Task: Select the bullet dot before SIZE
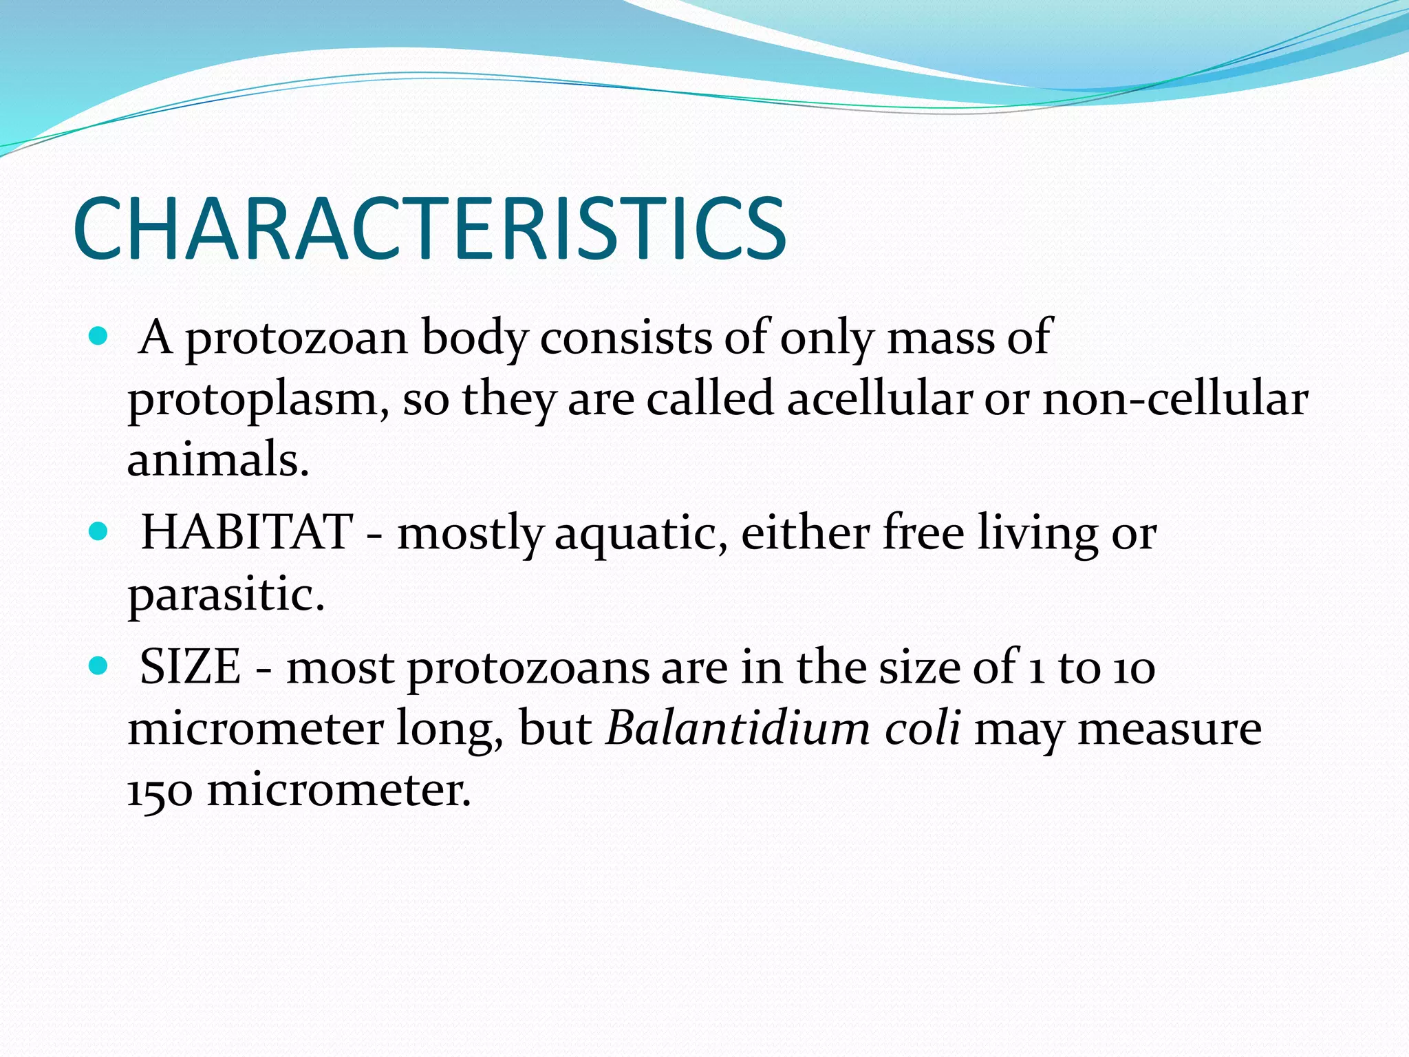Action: (x=99, y=666)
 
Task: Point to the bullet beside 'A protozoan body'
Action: (x=99, y=337)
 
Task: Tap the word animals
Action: (x=218, y=459)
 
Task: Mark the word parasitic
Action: (x=226, y=594)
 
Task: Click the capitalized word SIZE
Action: (x=191, y=667)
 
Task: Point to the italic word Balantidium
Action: (x=738, y=727)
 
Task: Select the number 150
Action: (x=160, y=789)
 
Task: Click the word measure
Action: (x=1170, y=729)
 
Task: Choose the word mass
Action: (x=940, y=338)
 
